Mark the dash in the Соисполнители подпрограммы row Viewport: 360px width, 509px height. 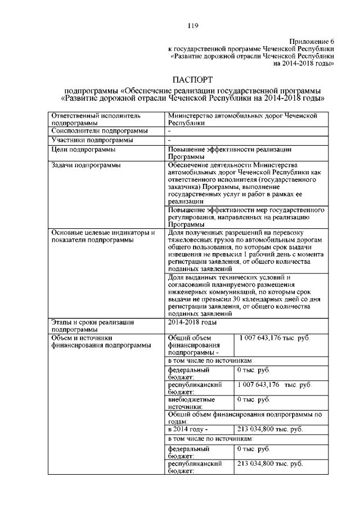click(x=170, y=130)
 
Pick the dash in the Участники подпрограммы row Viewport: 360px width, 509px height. click(x=170, y=139)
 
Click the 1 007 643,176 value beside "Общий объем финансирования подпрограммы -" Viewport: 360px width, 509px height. click(x=274, y=337)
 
